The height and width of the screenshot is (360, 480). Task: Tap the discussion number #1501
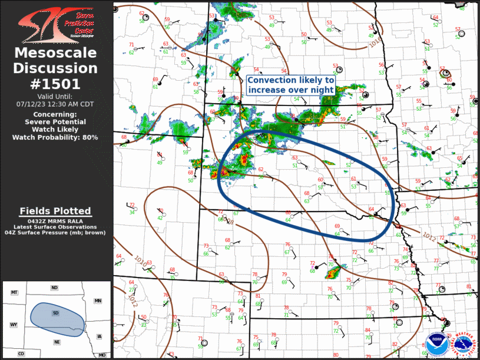(55, 84)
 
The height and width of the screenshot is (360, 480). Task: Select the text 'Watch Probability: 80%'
(55, 137)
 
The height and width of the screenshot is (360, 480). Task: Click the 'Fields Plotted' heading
(55, 211)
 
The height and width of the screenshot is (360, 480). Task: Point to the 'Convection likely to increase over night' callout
(291, 84)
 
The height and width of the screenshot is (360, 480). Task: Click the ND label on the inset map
(54, 288)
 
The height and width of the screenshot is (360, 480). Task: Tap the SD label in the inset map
(55, 312)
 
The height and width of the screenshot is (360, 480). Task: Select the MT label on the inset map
(15, 292)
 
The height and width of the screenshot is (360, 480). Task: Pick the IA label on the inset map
(99, 336)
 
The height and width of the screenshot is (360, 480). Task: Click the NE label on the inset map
(57, 342)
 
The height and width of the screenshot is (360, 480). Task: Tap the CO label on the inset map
(21, 354)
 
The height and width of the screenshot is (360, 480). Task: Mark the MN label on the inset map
(98, 301)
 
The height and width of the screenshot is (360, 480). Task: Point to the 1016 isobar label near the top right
(375, 43)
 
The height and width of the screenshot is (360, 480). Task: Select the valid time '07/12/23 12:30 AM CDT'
(55, 104)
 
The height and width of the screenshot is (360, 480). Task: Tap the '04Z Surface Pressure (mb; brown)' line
(55, 233)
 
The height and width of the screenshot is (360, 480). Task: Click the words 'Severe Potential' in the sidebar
(55, 121)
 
